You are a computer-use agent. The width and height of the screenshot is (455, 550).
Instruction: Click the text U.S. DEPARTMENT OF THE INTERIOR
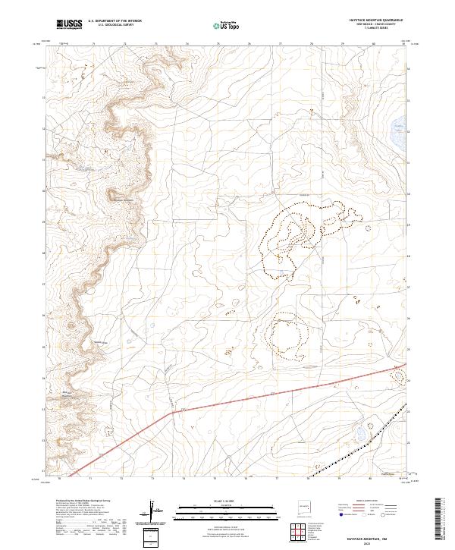pos(115,21)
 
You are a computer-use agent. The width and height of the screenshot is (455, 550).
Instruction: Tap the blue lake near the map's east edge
pos(397,126)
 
